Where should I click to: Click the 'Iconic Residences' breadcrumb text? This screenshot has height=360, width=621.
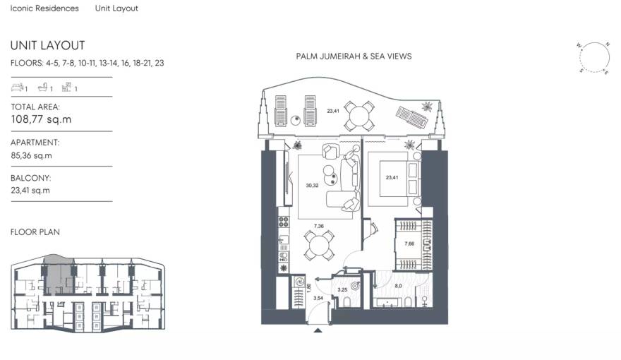44,8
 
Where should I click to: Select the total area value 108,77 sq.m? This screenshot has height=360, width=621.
41,120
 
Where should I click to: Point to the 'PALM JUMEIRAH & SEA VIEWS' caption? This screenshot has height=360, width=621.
354,56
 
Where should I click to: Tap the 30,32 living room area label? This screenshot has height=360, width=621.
311,186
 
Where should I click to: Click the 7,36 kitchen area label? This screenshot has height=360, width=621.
319,226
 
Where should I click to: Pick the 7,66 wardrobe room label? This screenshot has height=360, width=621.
409,244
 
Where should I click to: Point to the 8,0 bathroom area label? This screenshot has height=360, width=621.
398,286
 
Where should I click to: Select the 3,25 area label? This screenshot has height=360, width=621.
342,289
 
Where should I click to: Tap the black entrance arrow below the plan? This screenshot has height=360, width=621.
318,330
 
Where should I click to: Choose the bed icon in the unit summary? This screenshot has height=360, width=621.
17,88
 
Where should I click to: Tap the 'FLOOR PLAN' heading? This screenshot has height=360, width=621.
35,232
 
